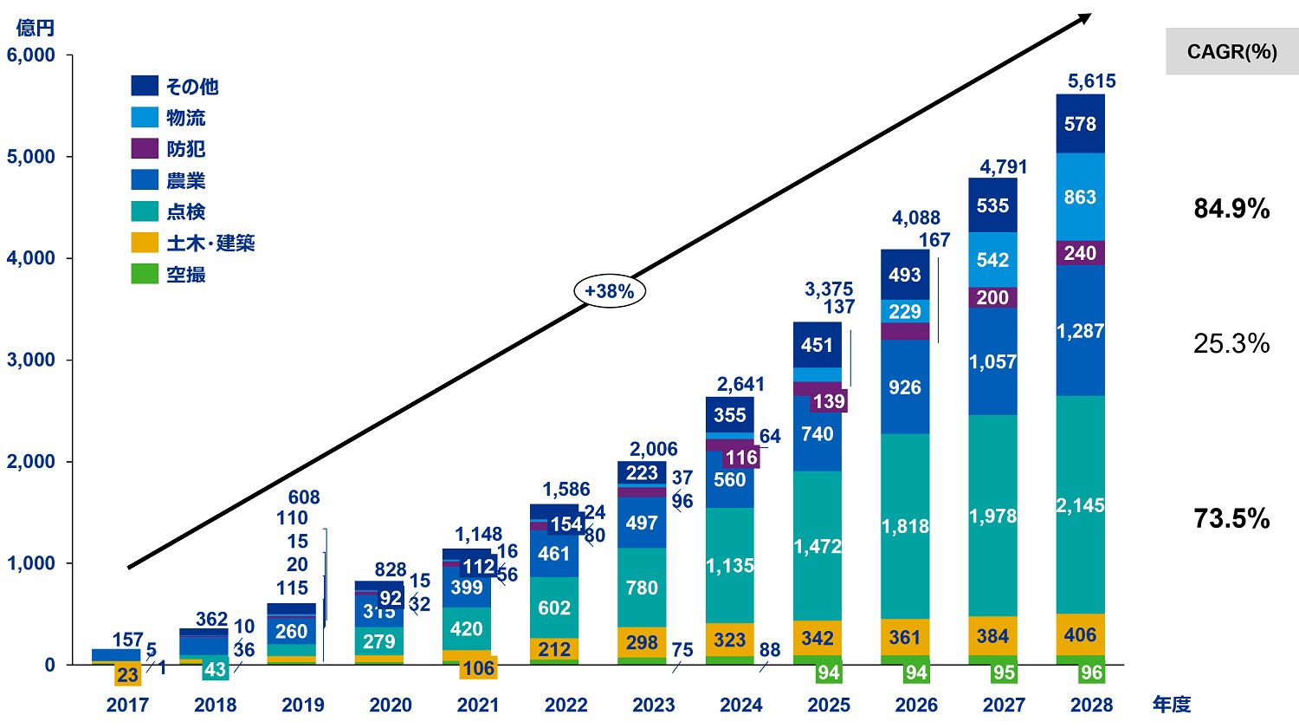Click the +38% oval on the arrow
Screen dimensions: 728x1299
click(x=610, y=292)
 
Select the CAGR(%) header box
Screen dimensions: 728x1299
click(x=1231, y=51)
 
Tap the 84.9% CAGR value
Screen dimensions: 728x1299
click(x=1231, y=209)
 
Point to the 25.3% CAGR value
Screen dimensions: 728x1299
click(x=1231, y=343)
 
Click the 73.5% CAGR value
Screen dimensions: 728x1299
click(x=1231, y=518)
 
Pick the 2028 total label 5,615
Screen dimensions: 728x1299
click(x=1091, y=81)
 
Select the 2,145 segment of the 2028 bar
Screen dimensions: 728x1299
click(x=1080, y=505)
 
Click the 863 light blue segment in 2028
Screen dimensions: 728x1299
click(x=1080, y=197)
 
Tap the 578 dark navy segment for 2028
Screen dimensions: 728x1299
click(x=1080, y=124)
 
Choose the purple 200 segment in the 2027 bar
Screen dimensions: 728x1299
click(x=992, y=297)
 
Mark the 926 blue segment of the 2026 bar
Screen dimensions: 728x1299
click(x=905, y=387)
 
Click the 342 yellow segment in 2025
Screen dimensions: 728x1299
click(x=818, y=638)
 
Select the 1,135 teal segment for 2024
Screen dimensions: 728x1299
click(x=730, y=566)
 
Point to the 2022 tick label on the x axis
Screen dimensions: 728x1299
click(x=565, y=705)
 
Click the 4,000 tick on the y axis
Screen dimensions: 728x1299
click(x=31, y=258)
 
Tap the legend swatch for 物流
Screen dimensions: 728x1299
click(x=145, y=118)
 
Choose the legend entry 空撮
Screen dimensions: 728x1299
click(x=185, y=275)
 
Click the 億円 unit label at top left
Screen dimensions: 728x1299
click(x=36, y=28)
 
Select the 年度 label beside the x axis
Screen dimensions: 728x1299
click(x=1171, y=705)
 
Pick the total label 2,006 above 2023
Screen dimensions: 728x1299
click(x=654, y=449)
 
